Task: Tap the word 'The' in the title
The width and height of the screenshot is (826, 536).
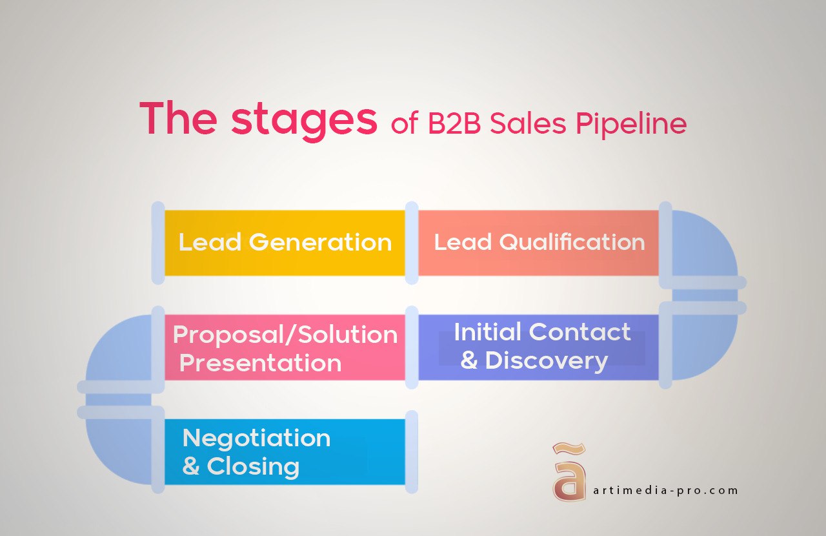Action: click(177, 118)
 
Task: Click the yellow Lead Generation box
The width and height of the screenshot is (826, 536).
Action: click(285, 243)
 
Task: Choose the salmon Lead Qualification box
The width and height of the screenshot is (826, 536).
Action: click(538, 243)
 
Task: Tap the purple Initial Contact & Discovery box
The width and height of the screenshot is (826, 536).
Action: click(538, 347)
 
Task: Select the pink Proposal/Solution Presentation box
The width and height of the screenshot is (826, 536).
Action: click(285, 347)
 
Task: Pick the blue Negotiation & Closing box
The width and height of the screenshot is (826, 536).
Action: click(285, 451)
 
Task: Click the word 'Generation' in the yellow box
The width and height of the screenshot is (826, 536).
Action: click(321, 243)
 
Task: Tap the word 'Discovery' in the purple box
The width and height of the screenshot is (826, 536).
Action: click(546, 360)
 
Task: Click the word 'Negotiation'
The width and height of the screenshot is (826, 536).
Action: click(256, 438)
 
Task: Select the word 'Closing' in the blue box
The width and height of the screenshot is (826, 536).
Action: click(252, 466)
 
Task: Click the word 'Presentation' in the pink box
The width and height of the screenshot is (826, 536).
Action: click(260, 363)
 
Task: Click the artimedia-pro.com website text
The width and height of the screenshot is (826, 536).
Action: click(665, 490)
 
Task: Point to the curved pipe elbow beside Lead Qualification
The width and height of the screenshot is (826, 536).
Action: click(707, 258)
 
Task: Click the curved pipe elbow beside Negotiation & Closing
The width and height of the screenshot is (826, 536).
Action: click(116, 446)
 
